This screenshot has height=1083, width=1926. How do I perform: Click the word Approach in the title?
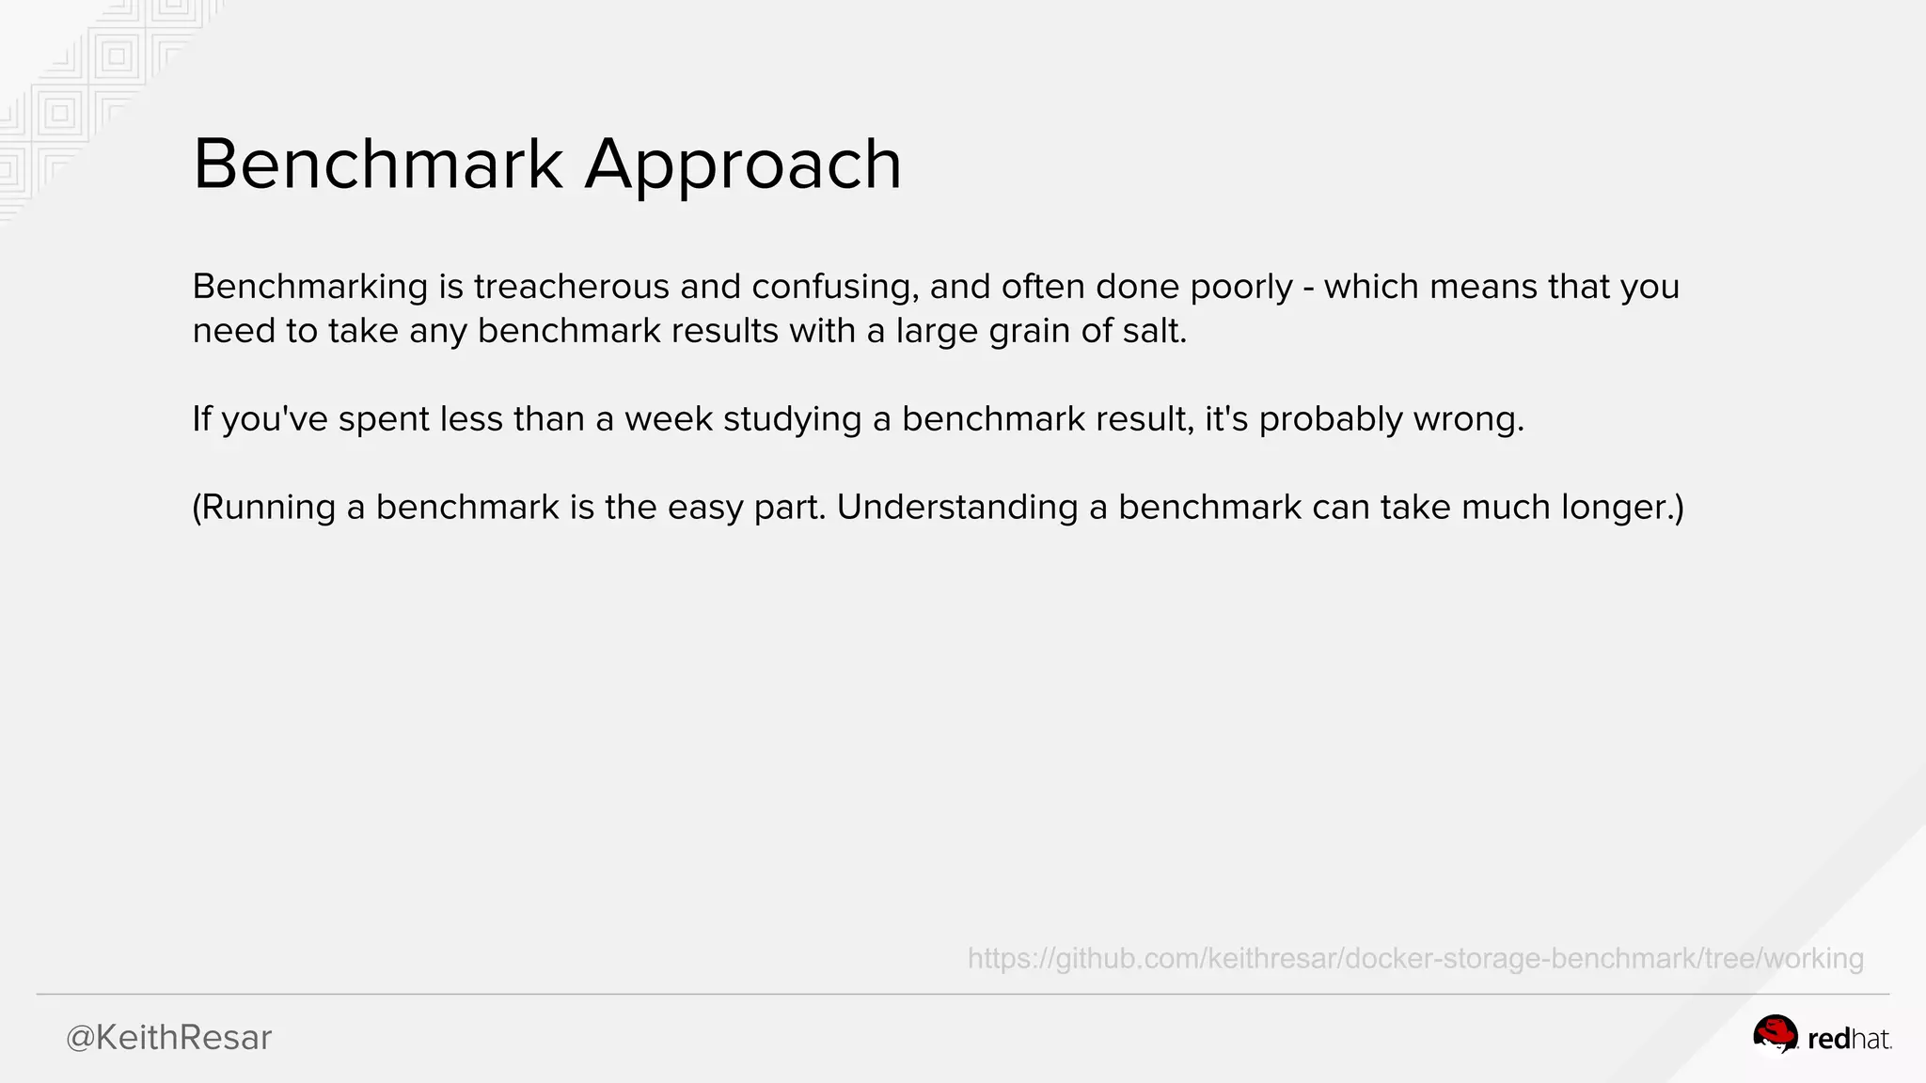[x=743, y=165]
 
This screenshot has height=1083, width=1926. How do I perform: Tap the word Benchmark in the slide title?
[x=377, y=164]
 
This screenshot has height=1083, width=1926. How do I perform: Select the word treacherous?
[x=572, y=287]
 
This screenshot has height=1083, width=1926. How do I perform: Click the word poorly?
[x=1241, y=287]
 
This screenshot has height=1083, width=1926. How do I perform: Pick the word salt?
[x=1162, y=331]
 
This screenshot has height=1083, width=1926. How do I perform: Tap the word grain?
[x=1031, y=332]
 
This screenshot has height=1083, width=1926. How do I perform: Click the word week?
[x=669, y=419]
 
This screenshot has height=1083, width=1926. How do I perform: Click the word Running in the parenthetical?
[x=268, y=508]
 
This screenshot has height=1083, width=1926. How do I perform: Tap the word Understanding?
[x=957, y=508]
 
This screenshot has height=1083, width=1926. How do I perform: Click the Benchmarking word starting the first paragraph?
[x=310, y=287]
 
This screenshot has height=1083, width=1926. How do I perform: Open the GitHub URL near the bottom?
[x=1415, y=959]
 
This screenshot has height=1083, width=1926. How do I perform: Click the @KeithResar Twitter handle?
[x=168, y=1038]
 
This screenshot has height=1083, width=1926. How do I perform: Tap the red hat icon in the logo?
[x=1775, y=1035]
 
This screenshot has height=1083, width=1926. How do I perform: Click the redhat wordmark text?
[x=1848, y=1040]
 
